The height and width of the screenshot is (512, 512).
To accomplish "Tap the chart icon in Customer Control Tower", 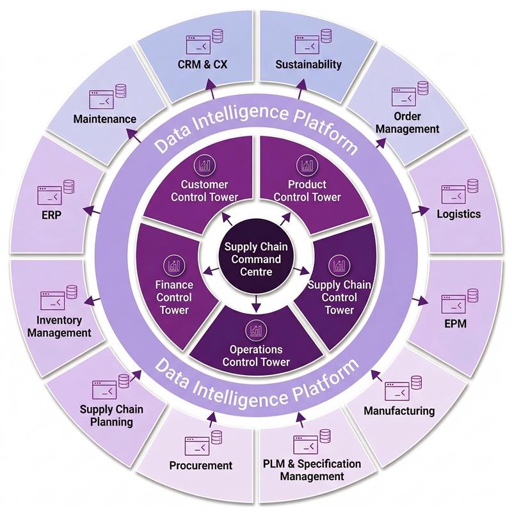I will pyautogui.click(x=205, y=166).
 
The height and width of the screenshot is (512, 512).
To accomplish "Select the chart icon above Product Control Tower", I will pyautogui.click(x=307, y=166).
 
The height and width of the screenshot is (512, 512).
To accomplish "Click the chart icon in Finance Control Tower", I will pyautogui.click(x=173, y=264).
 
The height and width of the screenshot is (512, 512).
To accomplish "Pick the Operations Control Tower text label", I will pyautogui.click(x=256, y=356).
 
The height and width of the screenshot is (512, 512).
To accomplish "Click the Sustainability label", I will pyautogui.click(x=308, y=64).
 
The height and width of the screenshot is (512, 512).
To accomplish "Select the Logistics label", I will pyautogui.click(x=458, y=214).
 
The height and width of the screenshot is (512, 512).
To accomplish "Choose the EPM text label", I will pyautogui.click(x=455, y=324).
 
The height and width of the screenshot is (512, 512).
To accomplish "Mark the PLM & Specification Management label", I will pyautogui.click(x=312, y=470).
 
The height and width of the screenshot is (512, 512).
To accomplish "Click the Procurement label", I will pyautogui.click(x=201, y=465).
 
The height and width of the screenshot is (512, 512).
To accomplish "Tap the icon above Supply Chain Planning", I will pyautogui.click(x=111, y=387).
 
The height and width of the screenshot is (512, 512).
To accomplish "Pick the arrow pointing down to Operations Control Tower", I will pyautogui.click(x=256, y=303).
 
